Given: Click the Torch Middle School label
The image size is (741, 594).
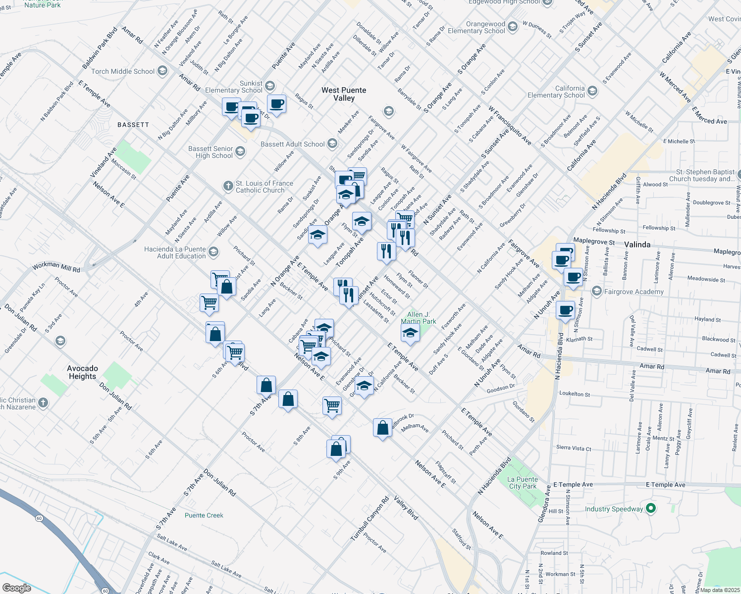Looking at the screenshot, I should (123, 71).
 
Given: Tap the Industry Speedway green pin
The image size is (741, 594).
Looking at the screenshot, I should (651, 508).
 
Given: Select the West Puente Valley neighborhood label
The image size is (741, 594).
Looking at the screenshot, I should (344, 94).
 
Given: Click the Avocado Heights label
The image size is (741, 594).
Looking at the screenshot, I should (83, 372).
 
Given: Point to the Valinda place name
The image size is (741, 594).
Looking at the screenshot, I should (637, 245).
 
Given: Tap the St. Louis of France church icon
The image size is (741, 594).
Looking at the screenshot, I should (228, 186).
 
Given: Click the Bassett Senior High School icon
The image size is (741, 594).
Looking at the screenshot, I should (240, 151).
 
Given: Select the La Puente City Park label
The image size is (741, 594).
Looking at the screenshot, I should (523, 483).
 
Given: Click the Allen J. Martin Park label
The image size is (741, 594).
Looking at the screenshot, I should (419, 318).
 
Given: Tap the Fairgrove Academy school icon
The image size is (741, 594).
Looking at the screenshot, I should (597, 291).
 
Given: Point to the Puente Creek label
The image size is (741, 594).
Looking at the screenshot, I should (204, 515).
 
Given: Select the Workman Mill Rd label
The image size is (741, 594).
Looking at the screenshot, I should (56, 267).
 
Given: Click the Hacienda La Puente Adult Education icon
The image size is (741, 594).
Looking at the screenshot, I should (213, 252).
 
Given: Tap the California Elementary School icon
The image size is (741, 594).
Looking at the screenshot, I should (592, 91).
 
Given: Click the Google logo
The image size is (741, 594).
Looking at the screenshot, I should (16, 588).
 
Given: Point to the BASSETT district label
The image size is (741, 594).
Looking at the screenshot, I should (133, 125).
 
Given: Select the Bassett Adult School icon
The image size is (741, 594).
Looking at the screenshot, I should (332, 144).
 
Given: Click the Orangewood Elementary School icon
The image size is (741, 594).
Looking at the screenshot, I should (513, 27).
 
